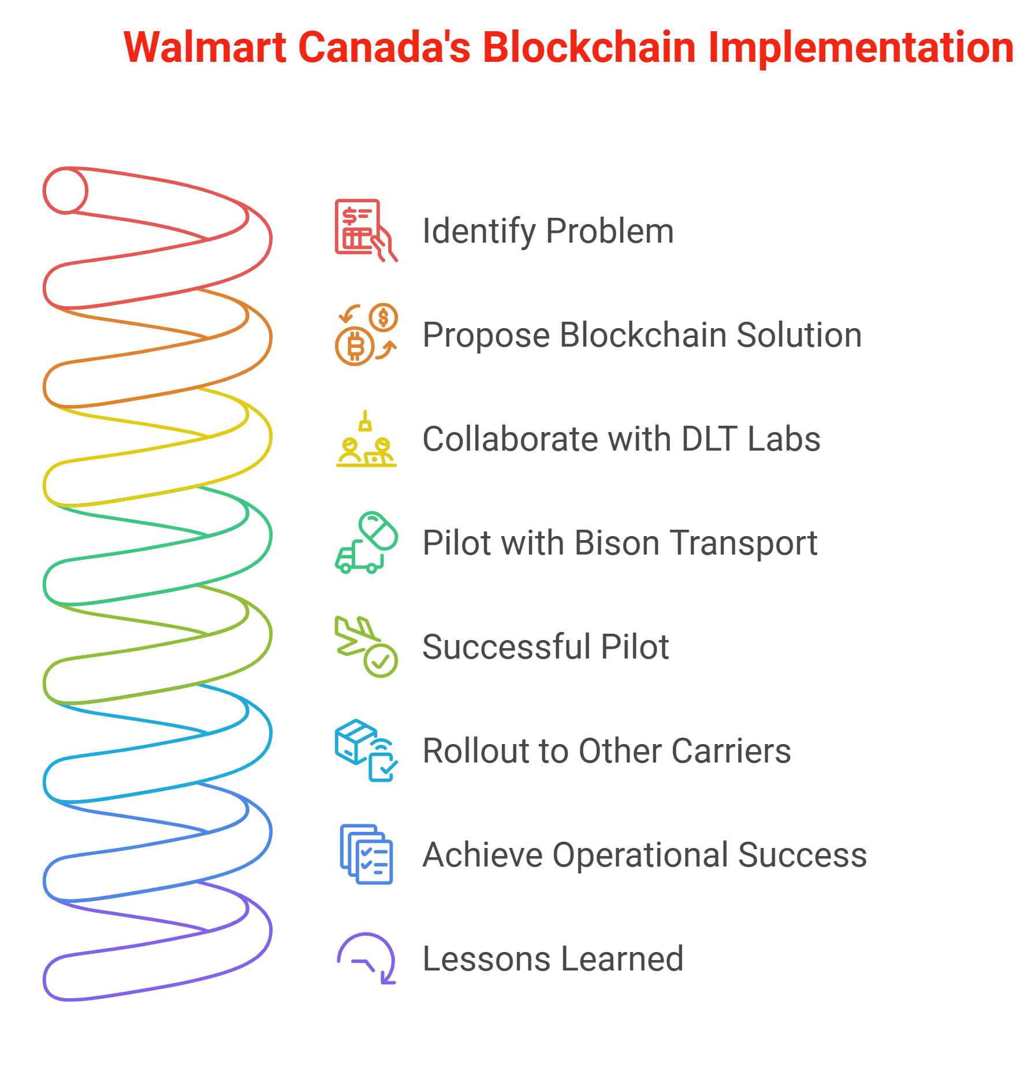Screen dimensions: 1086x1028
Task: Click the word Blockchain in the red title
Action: pyautogui.click(x=589, y=47)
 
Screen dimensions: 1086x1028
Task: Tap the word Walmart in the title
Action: pyautogui.click(x=205, y=47)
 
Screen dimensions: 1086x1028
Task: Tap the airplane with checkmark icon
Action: pyautogui.click(x=366, y=646)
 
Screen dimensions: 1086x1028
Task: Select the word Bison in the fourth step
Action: pyautogui.click(x=617, y=543)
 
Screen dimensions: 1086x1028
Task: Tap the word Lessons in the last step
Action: pyautogui.click(x=486, y=959)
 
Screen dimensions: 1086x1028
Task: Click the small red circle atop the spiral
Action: pyautogui.click(x=66, y=191)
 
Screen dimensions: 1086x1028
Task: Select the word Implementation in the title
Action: pyautogui.click(x=861, y=47)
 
